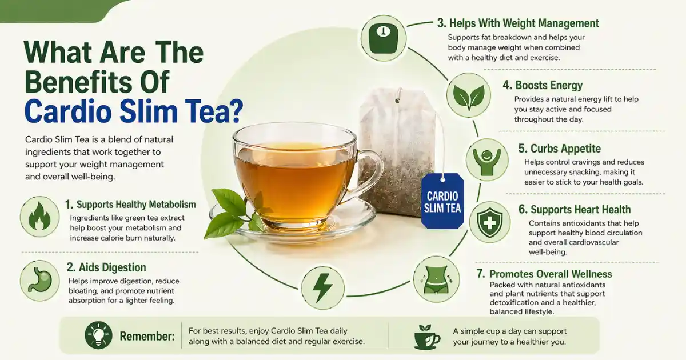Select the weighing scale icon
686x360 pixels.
pyautogui.click(x=384, y=38)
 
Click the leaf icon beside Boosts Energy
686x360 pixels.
pyautogui.click(x=468, y=95)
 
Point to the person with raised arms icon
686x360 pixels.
pyautogui.click(x=487, y=159)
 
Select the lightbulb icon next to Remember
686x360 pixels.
pyautogui.click(x=98, y=335)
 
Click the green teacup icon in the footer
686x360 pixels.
pyautogui.click(x=426, y=337)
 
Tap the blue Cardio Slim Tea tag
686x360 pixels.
pyautogui.click(x=441, y=201)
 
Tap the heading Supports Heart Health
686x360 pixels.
pyautogui.click(x=580, y=210)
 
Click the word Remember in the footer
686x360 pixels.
pyautogui.click(x=147, y=336)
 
